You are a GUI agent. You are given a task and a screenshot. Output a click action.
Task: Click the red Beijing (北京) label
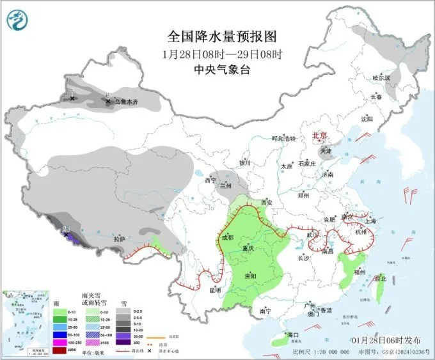click(319, 136)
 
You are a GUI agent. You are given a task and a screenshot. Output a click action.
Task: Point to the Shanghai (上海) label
click(368, 221)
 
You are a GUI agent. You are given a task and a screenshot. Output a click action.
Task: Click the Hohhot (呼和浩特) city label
click(284, 138)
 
